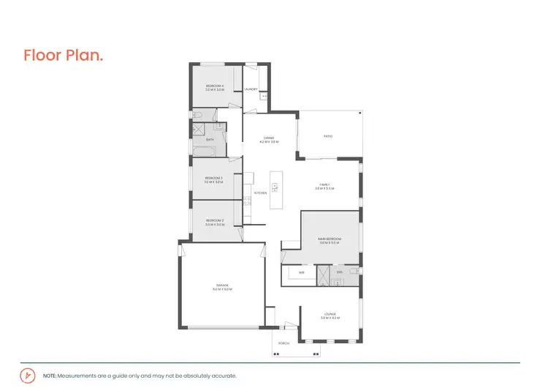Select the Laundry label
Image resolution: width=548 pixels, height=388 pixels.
pos(251,89)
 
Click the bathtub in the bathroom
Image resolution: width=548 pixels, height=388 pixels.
pos(204,152)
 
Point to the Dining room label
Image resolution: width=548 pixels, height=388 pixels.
pos(269,139)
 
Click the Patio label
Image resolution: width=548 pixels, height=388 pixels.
pos(329,135)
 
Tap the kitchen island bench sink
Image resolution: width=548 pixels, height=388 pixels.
pos(275,186)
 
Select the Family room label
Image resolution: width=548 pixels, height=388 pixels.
pos(324,186)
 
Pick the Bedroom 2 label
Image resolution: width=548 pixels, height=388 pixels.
pos(214,222)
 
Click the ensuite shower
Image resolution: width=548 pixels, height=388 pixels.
pos(322,275)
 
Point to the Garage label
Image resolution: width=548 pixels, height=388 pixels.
pos(222,287)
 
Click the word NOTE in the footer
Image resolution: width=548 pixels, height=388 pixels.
pos(49,375)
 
